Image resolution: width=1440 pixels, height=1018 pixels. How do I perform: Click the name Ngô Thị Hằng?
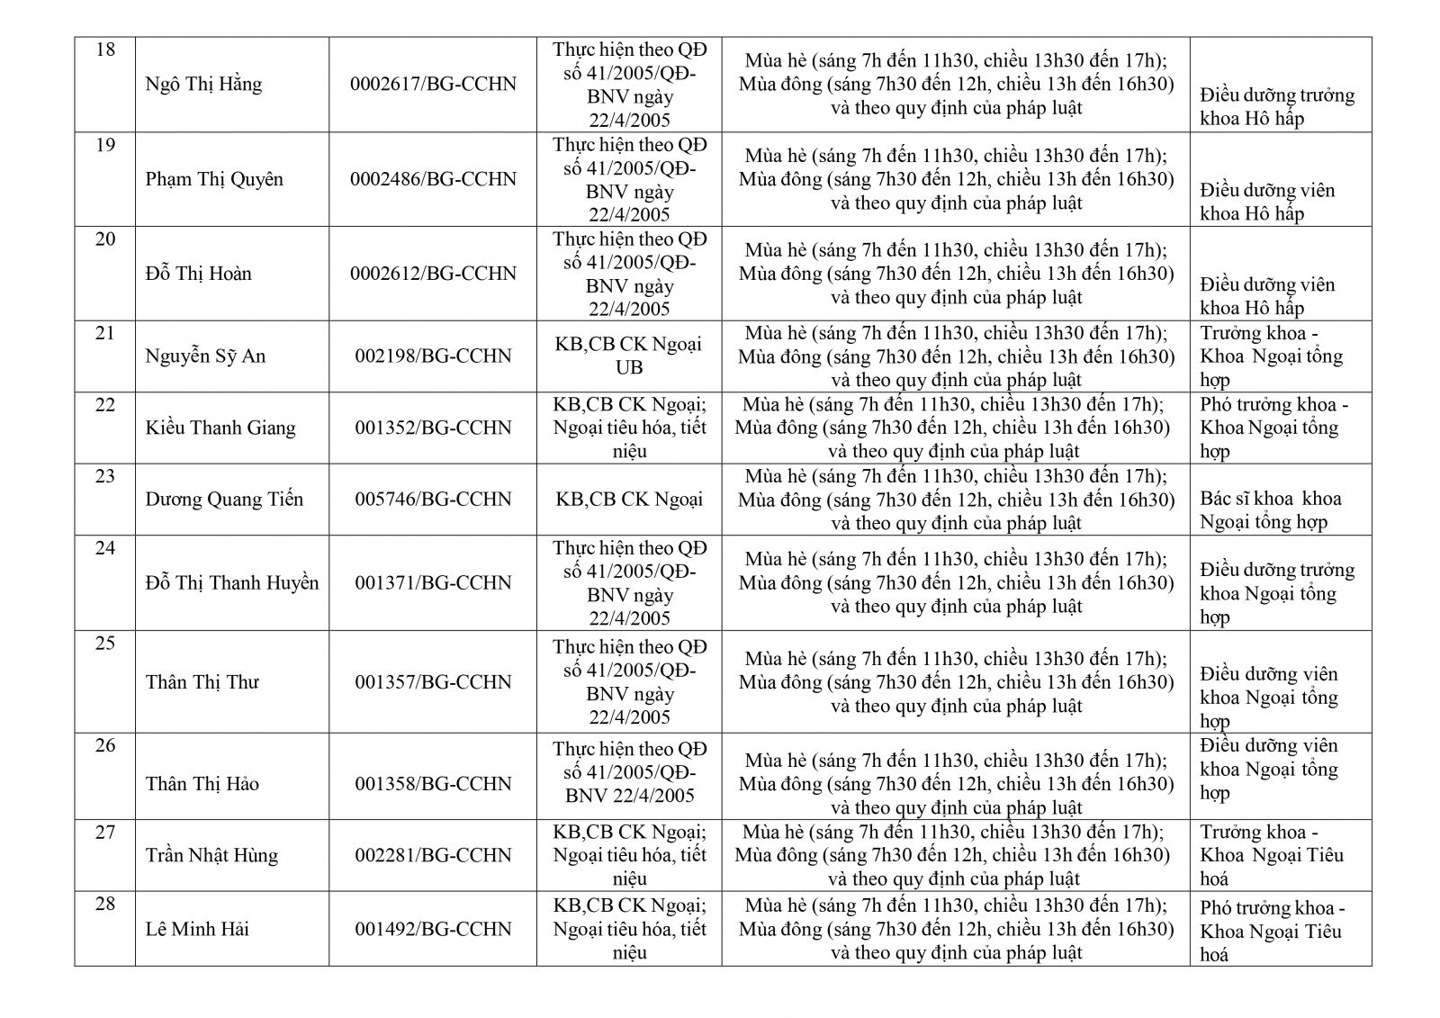coord(203,85)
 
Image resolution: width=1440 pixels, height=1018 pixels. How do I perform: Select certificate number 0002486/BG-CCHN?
coord(433,179)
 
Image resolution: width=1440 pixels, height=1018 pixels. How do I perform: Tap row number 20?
coord(105,239)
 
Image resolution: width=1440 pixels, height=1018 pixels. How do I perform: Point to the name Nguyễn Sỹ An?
coord(205,356)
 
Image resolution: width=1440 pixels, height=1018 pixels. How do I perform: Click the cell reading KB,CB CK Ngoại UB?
coord(628,356)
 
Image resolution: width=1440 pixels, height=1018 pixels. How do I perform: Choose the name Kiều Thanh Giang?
coord(220,428)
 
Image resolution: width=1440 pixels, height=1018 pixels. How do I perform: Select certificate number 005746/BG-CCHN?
coord(433,500)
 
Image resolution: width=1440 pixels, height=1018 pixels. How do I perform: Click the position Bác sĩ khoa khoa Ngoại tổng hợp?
coord(1270,510)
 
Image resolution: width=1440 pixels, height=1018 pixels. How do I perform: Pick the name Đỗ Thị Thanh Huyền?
coord(232,583)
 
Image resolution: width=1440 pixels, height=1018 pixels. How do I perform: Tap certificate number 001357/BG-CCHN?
coord(433,682)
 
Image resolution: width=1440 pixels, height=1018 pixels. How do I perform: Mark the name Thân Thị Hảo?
coord(202,784)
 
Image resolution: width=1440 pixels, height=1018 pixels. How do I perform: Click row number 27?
coord(105,832)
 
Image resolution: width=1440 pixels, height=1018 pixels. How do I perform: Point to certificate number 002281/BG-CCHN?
coord(433,855)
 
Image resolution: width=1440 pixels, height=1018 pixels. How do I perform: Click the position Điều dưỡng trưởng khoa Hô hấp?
coord(1276,107)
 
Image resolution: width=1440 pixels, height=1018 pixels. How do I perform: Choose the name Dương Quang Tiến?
coord(224,500)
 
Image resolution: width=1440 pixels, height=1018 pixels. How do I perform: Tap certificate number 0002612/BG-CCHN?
coord(433,274)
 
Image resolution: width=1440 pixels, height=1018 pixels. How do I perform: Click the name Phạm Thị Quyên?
coord(214,179)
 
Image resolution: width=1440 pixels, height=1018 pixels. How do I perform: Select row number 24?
coord(105,547)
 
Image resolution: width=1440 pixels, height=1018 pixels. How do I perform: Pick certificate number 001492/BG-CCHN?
coord(433,929)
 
